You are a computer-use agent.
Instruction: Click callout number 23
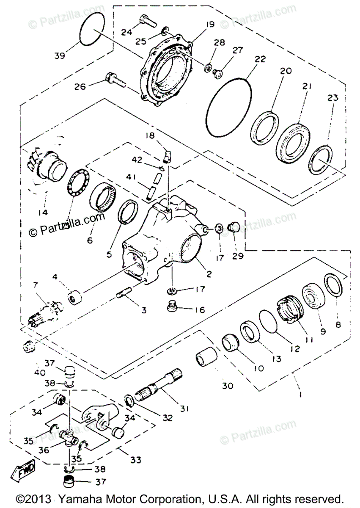click(x=333, y=98)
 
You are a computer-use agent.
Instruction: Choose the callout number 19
click(x=211, y=25)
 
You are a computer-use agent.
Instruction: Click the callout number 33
click(x=136, y=459)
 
